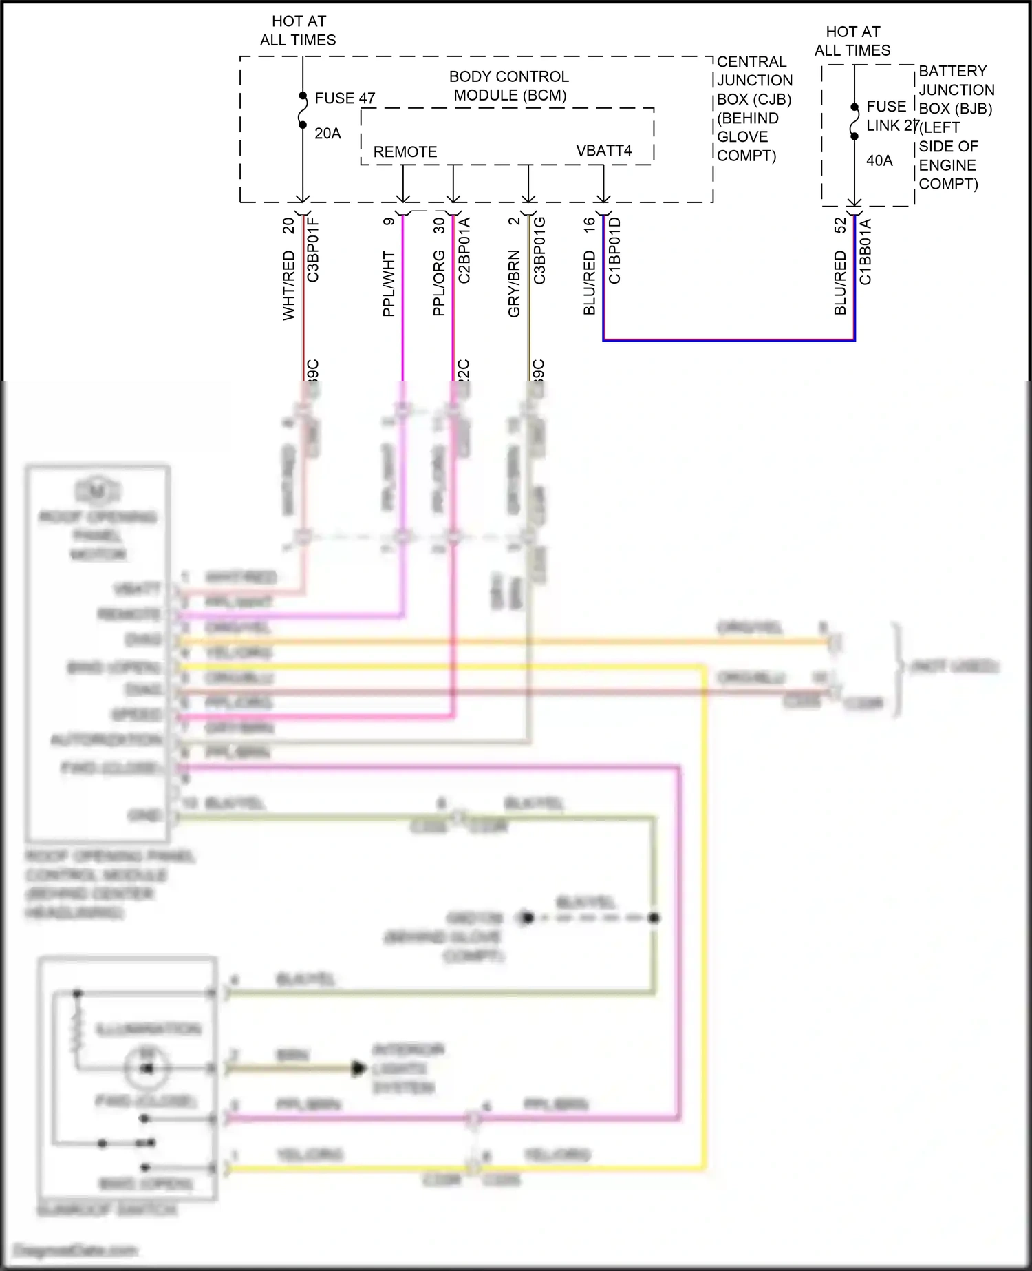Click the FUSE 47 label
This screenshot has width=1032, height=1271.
[345, 98]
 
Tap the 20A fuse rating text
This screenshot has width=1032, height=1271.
[327, 134]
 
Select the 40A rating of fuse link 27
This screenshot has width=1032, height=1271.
[879, 160]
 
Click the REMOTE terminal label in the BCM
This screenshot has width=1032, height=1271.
[405, 152]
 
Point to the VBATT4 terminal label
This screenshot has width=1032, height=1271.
[603, 151]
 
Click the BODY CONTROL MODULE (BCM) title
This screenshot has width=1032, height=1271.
[509, 86]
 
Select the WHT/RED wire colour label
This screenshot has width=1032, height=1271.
[289, 285]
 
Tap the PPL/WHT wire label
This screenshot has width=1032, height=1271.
[389, 284]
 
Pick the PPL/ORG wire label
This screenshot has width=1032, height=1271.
[439, 283]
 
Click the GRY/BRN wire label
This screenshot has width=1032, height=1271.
[514, 284]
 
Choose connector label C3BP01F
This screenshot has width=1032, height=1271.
[313, 249]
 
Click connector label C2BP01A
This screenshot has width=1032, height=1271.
[464, 250]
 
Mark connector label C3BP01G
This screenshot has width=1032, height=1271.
[539, 250]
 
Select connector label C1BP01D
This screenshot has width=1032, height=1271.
[615, 250]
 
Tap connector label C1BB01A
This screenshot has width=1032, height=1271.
[866, 251]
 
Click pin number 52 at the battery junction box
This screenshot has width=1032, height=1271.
[840, 226]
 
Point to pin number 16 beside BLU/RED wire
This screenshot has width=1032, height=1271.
[590, 224]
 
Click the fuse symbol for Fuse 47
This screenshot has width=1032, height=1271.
[303, 110]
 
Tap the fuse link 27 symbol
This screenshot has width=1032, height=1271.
[854, 122]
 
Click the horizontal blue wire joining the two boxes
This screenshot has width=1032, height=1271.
[729, 339]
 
